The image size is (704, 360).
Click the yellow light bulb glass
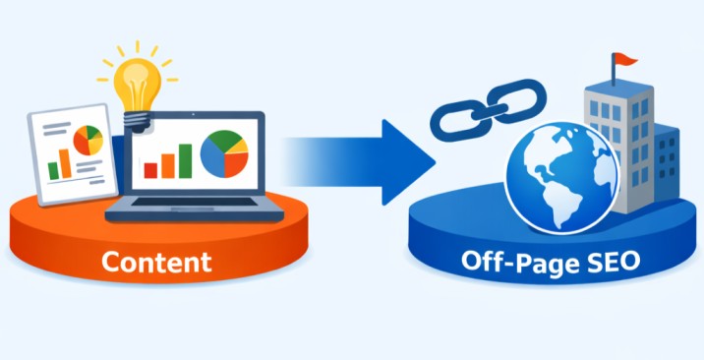pyautogui.click(x=137, y=85)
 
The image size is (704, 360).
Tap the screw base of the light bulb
pyautogui.click(x=137, y=121)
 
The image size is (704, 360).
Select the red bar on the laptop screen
pyautogui.click(x=150, y=170)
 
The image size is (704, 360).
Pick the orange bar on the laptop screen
pyautogui.click(x=168, y=165)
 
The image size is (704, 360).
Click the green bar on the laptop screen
pyautogui.click(x=185, y=160)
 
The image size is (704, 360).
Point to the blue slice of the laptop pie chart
pyautogui.click(x=212, y=157)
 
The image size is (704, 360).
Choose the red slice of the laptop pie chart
pyautogui.click(x=236, y=164)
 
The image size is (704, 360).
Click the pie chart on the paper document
pyautogui.click(x=88, y=140)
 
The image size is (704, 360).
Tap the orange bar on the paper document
pyautogui.click(x=66, y=163)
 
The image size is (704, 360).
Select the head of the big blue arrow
pyautogui.click(x=408, y=162)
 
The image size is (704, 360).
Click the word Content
pyautogui.click(x=156, y=262)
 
